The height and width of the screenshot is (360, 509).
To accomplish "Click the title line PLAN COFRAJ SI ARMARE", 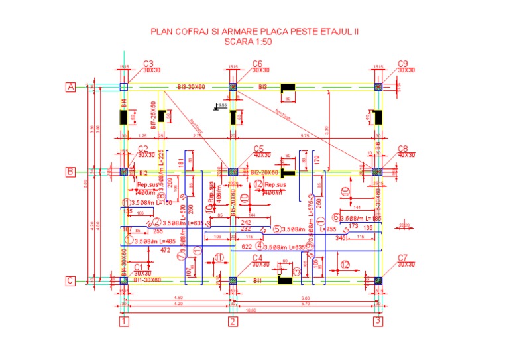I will click(x=254, y=30).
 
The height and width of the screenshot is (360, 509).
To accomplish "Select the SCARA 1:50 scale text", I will click(x=254, y=41).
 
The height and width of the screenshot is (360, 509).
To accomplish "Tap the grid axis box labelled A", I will click(x=70, y=87).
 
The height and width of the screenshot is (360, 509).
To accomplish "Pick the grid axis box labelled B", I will click(x=70, y=172).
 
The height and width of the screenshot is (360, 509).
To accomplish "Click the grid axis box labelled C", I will click(x=70, y=281).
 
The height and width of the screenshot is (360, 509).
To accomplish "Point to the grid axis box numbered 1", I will click(x=123, y=322).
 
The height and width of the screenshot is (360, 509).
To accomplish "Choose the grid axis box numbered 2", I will click(x=233, y=322).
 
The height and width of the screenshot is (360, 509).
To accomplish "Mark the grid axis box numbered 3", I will click(x=378, y=322).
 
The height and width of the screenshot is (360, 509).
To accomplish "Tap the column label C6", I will click(x=258, y=64).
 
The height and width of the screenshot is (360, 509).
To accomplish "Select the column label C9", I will click(x=403, y=64).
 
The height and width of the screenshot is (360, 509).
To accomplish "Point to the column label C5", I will click(x=258, y=149).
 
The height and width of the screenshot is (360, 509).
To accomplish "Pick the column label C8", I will click(x=403, y=149).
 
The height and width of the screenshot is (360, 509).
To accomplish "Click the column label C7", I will click(x=403, y=257).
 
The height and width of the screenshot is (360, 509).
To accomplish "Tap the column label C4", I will click(x=258, y=257).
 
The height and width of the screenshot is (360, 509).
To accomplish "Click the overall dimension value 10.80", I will click(x=251, y=309).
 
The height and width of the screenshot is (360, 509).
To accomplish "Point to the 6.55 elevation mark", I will click(x=222, y=105).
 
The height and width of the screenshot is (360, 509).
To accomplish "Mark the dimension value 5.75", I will click(x=304, y=135).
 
